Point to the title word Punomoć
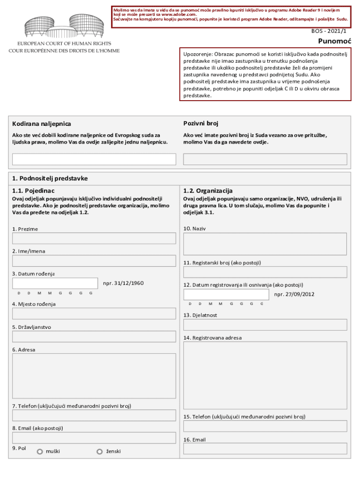point(335,41)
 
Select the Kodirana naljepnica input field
point(94,160)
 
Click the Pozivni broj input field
point(265,160)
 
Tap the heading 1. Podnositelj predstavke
point(50,178)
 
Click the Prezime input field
point(94,238)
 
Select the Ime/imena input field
point(94,261)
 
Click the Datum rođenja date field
point(55,283)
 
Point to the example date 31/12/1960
point(123,283)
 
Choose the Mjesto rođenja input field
point(94,313)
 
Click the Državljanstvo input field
point(94,336)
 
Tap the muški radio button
point(40,451)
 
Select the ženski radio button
point(100,451)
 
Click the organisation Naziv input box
point(265,244)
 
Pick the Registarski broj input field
point(265,272)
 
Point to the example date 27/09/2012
point(294,294)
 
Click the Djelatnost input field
point(265,325)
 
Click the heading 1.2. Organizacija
point(208,191)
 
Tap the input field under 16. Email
point(265,449)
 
